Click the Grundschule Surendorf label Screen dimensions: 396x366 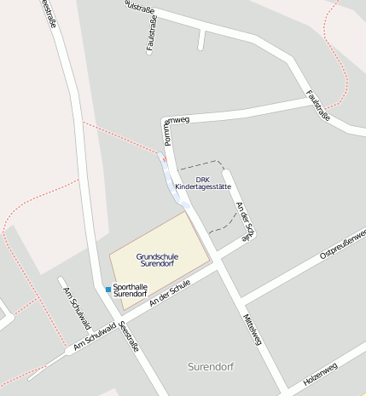157,260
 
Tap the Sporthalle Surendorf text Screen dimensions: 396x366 131,290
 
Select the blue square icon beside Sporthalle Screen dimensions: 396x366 108,290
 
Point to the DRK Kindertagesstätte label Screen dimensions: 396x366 202,183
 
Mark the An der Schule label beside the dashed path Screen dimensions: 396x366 244,223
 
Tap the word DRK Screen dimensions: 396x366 202,179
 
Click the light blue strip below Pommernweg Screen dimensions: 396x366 175,184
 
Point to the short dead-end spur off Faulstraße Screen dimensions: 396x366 201,38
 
